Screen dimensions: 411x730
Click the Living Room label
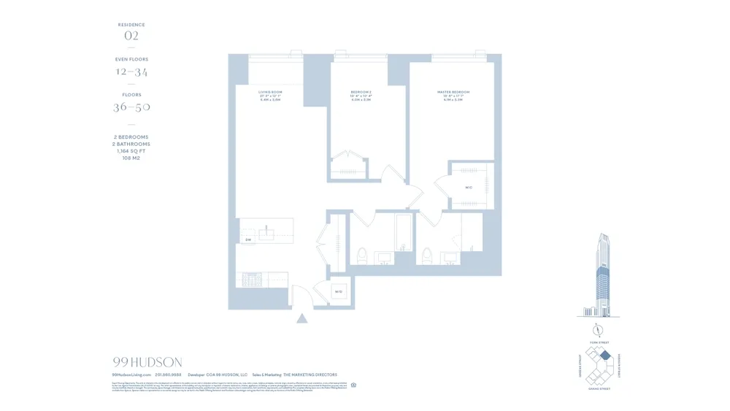(270, 92)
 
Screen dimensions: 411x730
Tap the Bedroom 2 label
(361, 92)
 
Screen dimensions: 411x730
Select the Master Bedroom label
(453, 92)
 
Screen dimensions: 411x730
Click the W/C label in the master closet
(469, 187)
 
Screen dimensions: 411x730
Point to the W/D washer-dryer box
(339, 292)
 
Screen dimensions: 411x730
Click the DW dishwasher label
(248, 239)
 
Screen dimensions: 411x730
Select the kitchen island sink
(266, 234)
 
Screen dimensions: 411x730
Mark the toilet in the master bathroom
(427, 256)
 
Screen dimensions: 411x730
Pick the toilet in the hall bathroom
(361, 256)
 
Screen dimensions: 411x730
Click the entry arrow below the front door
(301, 318)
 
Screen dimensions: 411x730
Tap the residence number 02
(131, 36)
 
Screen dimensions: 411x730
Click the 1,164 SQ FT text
(131, 151)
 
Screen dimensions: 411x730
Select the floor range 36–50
(131, 107)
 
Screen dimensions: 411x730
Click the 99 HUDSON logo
(147, 362)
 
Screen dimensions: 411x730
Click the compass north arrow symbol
(598, 328)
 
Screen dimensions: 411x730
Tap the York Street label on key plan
(598, 342)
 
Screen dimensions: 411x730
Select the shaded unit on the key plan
(604, 355)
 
